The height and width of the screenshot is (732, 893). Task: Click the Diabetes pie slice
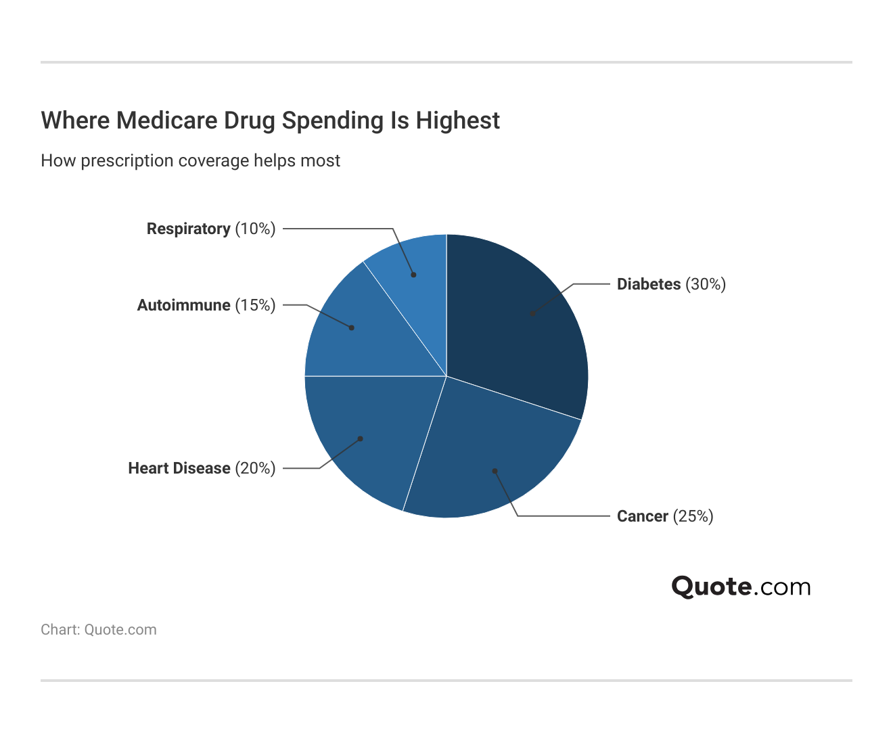click(521, 325)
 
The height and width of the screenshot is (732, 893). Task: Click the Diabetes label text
click(649, 284)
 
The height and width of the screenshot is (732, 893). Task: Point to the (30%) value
click(706, 284)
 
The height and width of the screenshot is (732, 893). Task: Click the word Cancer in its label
click(643, 516)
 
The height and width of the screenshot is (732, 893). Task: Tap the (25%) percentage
click(693, 516)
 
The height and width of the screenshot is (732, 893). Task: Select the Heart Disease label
click(179, 468)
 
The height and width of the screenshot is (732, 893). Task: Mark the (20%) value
click(255, 468)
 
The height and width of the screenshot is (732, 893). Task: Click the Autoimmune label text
click(184, 305)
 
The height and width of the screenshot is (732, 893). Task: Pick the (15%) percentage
click(255, 305)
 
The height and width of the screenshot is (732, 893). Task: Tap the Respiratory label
click(189, 229)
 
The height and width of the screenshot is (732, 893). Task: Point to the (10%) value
click(255, 229)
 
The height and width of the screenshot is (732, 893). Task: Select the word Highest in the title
click(458, 120)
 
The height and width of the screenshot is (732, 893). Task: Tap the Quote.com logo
click(741, 587)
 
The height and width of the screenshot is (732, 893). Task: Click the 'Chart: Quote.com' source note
click(99, 630)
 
